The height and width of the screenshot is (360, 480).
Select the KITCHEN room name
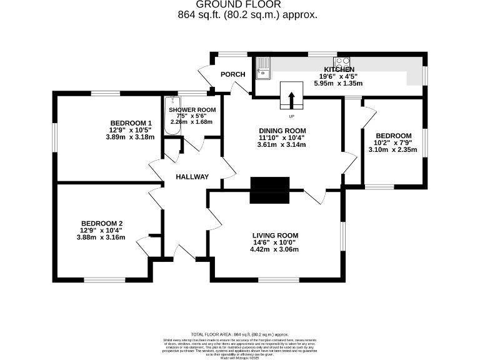pos(339,69)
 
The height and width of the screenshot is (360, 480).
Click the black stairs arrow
pos(291,99)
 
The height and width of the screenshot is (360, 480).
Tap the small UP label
pos(291,116)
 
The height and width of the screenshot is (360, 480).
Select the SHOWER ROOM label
pos(192,110)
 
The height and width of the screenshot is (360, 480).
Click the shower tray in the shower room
pos(171,119)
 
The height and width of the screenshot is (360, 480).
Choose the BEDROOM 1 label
pos(131,122)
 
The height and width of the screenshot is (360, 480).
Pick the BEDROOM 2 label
pos(101,224)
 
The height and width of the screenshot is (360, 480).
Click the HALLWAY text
pos(192,177)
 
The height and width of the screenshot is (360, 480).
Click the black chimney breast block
pos(270,190)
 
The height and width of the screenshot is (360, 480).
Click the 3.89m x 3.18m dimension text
pos(131,137)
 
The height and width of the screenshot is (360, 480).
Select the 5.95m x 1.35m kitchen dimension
pos(339,83)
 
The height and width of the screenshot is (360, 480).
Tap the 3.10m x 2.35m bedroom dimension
pos(392,149)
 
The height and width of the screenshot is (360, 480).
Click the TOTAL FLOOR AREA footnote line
pos(239,334)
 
